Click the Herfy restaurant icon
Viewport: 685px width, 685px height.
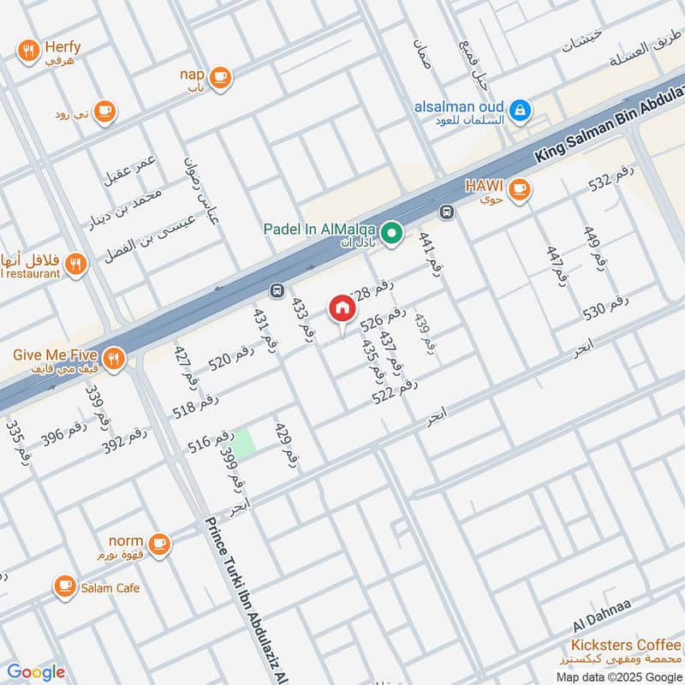(29, 51)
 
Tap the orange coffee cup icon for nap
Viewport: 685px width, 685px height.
(220, 77)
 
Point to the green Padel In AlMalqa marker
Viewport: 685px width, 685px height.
(392, 232)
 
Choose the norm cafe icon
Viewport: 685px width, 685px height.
(158, 543)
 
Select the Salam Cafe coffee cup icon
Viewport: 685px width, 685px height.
(64, 587)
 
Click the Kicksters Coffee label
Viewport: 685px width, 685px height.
(628, 645)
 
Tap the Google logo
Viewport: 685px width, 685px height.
(36, 672)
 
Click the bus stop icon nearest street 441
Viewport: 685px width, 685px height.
(446, 211)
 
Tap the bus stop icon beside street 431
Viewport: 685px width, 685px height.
(277, 290)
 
